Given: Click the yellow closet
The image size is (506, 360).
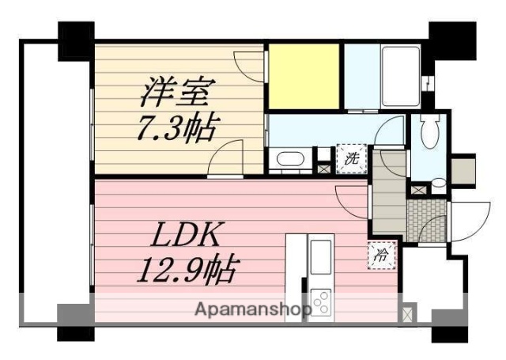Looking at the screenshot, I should click(304, 77).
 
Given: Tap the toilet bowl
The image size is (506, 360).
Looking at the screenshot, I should click(429, 131).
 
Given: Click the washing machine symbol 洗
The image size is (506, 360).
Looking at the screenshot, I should click(351, 157).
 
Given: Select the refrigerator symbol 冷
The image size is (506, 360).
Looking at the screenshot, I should click(380, 255).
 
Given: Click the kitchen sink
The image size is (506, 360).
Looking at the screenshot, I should click(321, 258).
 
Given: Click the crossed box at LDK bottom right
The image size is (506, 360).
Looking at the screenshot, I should click(408, 313).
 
